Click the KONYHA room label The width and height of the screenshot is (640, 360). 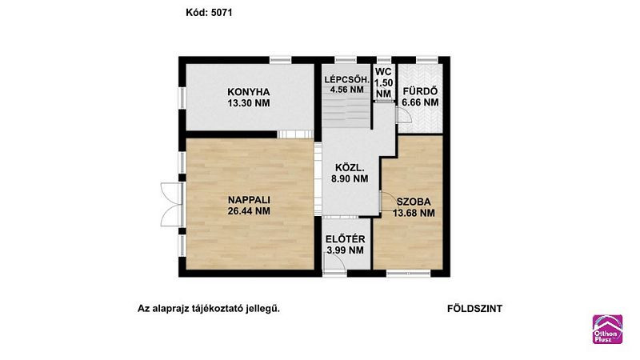click(249, 92)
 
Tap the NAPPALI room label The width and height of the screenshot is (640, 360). click(249, 200)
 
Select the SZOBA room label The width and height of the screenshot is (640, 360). click(414, 202)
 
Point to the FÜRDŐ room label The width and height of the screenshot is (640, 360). click(420, 91)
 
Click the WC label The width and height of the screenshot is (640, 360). click(383, 72)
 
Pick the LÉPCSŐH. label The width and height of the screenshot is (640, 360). click(346, 79)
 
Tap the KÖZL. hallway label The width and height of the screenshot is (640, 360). click(350, 167)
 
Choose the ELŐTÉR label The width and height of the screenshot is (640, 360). click(346, 239)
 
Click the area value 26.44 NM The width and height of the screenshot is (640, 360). click(249, 211)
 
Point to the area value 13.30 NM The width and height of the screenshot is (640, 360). click(249, 103)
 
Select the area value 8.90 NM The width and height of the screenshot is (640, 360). click(350, 178)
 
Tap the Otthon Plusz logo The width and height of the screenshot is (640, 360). click(607, 329)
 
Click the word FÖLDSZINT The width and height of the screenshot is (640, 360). click(474, 309)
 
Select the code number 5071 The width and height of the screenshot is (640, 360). click(222, 13)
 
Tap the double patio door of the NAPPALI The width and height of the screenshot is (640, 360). click(171, 204)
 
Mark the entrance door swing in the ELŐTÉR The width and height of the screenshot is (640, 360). click(334, 262)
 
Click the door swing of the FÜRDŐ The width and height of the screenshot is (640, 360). click(404, 115)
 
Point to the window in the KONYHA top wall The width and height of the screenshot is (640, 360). click(281, 60)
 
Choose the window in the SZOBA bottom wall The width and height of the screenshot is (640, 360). click(408, 273)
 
